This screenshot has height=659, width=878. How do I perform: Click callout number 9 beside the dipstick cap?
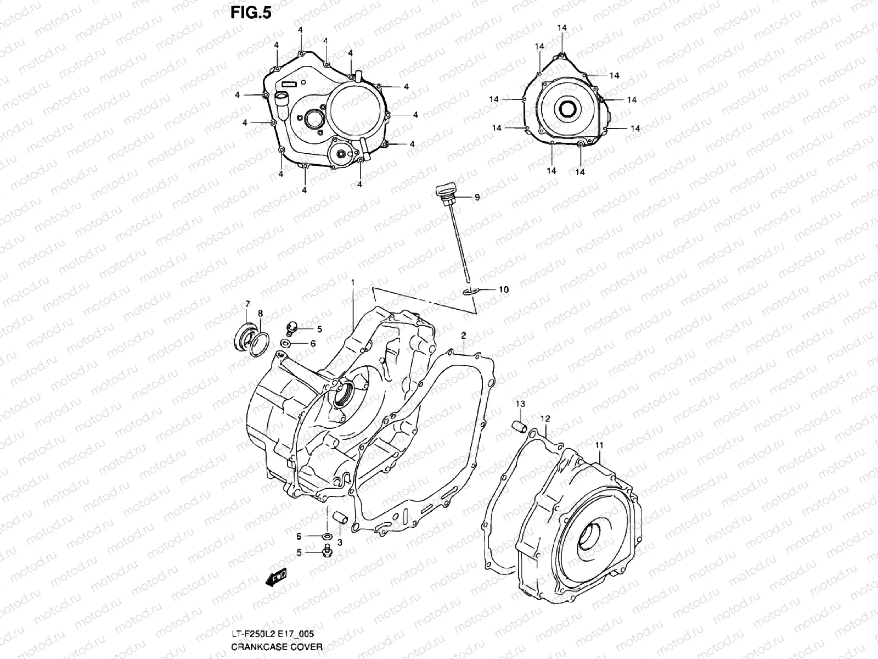point(477,197)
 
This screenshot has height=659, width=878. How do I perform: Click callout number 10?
point(503,289)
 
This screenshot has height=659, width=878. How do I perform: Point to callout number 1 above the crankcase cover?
point(353,282)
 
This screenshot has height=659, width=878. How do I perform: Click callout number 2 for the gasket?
point(463,334)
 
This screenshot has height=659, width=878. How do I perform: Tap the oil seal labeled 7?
point(244,334)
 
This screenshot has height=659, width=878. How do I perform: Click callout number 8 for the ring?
point(260,313)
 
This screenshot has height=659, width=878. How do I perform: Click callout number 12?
point(545,418)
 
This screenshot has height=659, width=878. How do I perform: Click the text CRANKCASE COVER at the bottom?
point(277,647)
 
